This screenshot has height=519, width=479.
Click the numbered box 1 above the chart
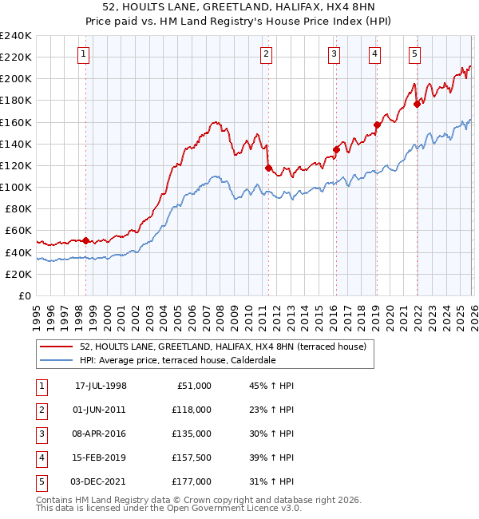tap(85, 54)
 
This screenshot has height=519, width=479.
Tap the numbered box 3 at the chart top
tap(334, 54)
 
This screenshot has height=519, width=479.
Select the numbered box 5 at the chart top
tap(415, 54)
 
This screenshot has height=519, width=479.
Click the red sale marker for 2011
tap(268, 168)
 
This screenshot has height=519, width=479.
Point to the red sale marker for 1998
tap(86, 240)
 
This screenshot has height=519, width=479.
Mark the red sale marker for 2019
tap(376, 125)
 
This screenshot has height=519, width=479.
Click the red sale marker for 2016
tap(336, 149)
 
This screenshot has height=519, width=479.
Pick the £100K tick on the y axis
tap(16, 187)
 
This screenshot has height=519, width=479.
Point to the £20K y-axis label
tap(19, 274)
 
